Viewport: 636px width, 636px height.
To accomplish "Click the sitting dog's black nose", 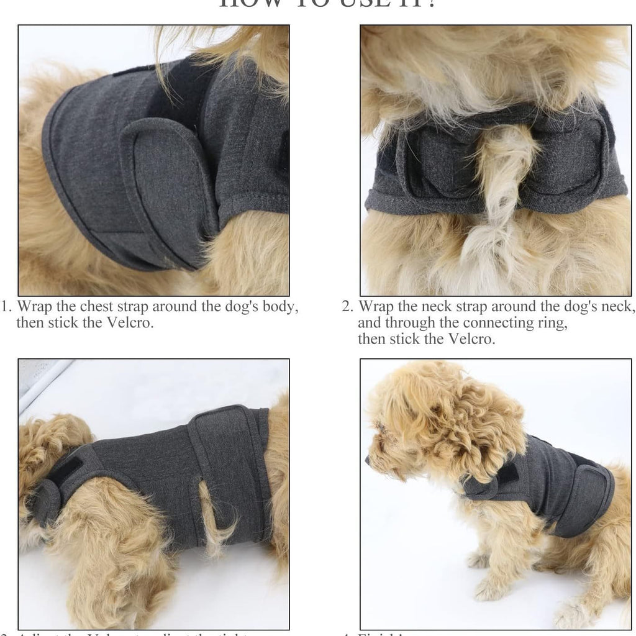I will tap(368, 461).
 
